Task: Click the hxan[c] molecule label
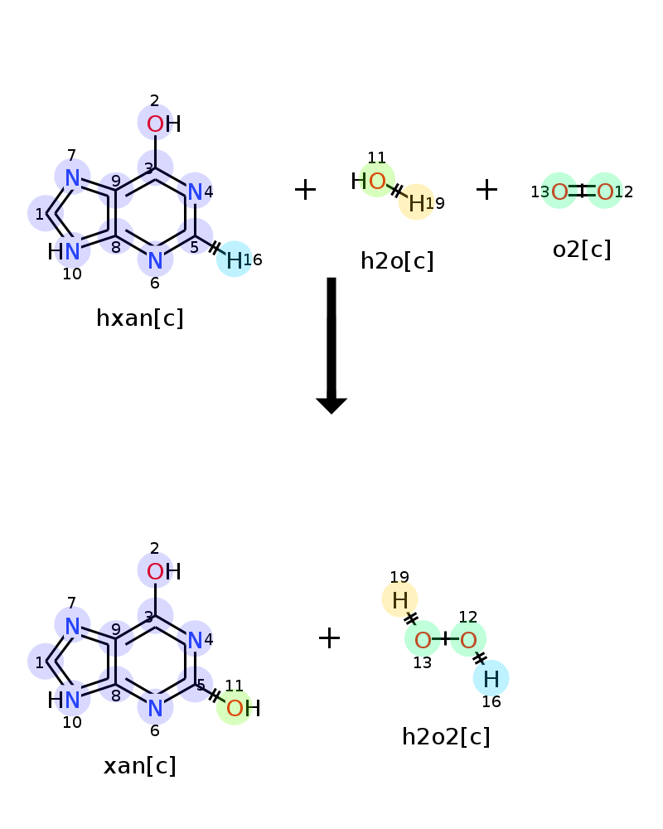pyautogui.click(x=140, y=318)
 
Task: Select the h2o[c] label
pyautogui.click(x=397, y=260)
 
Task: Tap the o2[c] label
pyautogui.click(x=582, y=249)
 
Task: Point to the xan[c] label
pyautogui.click(x=140, y=765)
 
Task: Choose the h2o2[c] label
pyautogui.click(x=446, y=736)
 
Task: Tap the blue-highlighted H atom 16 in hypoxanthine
pyautogui.click(x=235, y=259)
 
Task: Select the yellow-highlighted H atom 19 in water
pyautogui.click(x=416, y=202)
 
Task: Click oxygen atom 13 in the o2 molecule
pyautogui.click(x=559, y=191)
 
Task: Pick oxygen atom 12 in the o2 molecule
pyautogui.click(x=605, y=191)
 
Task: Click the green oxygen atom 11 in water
pyautogui.click(x=377, y=181)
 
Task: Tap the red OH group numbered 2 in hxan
pyautogui.click(x=156, y=124)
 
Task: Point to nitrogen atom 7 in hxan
pyautogui.click(x=72, y=177)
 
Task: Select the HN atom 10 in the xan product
pyautogui.click(x=72, y=700)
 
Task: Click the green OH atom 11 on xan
pyautogui.click(x=235, y=708)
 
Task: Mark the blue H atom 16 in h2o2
pyautogui.click(x=491, y=679)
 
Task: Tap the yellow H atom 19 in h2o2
pyautogui.click(x=399, y=599)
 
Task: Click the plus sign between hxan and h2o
pyautogui.click(x=305, y=190)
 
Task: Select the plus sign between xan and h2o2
pyautogui.click(x=329, y=638)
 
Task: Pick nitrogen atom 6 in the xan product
pyautogui.click(x=155, y=708)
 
